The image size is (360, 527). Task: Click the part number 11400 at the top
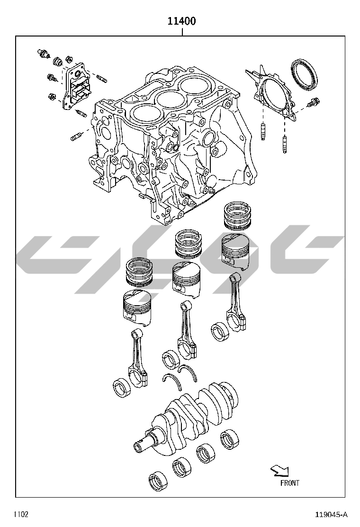click(x=182, y=21)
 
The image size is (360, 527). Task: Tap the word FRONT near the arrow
click(x=289, y=483)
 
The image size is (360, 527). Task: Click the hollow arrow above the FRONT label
click(x=279, y=471)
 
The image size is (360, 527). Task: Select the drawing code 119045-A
click(x=331, y=515)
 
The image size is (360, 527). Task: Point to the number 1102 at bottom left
click(x=21, y=514)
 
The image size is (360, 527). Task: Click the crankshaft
click(x=186, y=417)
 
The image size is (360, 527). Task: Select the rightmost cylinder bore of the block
click(x=194, y=84)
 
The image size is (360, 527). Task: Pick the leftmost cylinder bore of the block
click(x=146, y=114)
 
